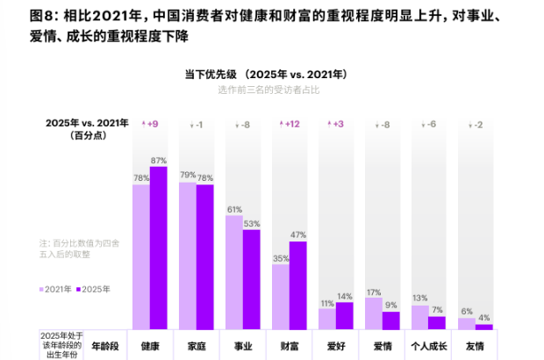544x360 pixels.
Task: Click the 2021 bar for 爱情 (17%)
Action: pos(373,313)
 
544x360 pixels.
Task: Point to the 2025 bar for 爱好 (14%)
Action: pos(344,315)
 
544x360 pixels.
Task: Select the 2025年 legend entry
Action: pos(93,289)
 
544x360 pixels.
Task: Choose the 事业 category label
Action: pos(243,346)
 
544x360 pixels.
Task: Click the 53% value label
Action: pos(252,223)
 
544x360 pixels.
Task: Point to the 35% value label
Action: pos(281,258)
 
